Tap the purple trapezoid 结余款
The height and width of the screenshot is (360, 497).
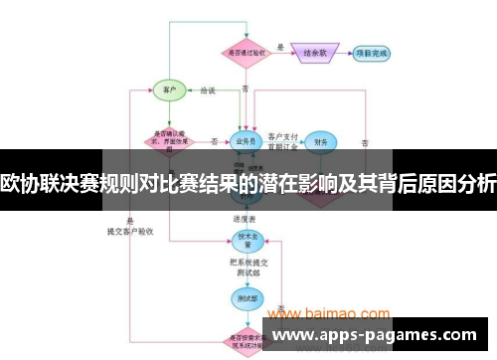click(x=316, y=52)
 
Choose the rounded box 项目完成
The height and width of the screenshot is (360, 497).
click(x=372, y=52)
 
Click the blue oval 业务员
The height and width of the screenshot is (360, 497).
click(x=246, y=141)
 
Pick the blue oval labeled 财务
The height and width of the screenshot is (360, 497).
click(x=320, y=142)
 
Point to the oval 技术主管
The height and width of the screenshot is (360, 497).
click(x=246, y=239)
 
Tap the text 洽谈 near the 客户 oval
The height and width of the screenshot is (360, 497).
click(x=207, y=90)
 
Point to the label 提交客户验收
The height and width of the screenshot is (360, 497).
click(x=131, y=230)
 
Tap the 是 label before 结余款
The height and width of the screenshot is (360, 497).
click(x=281, y=46)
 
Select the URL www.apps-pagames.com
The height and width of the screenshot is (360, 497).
click(x=374, y=335)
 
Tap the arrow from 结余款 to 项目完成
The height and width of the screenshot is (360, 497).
click(x=345, y=52)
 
